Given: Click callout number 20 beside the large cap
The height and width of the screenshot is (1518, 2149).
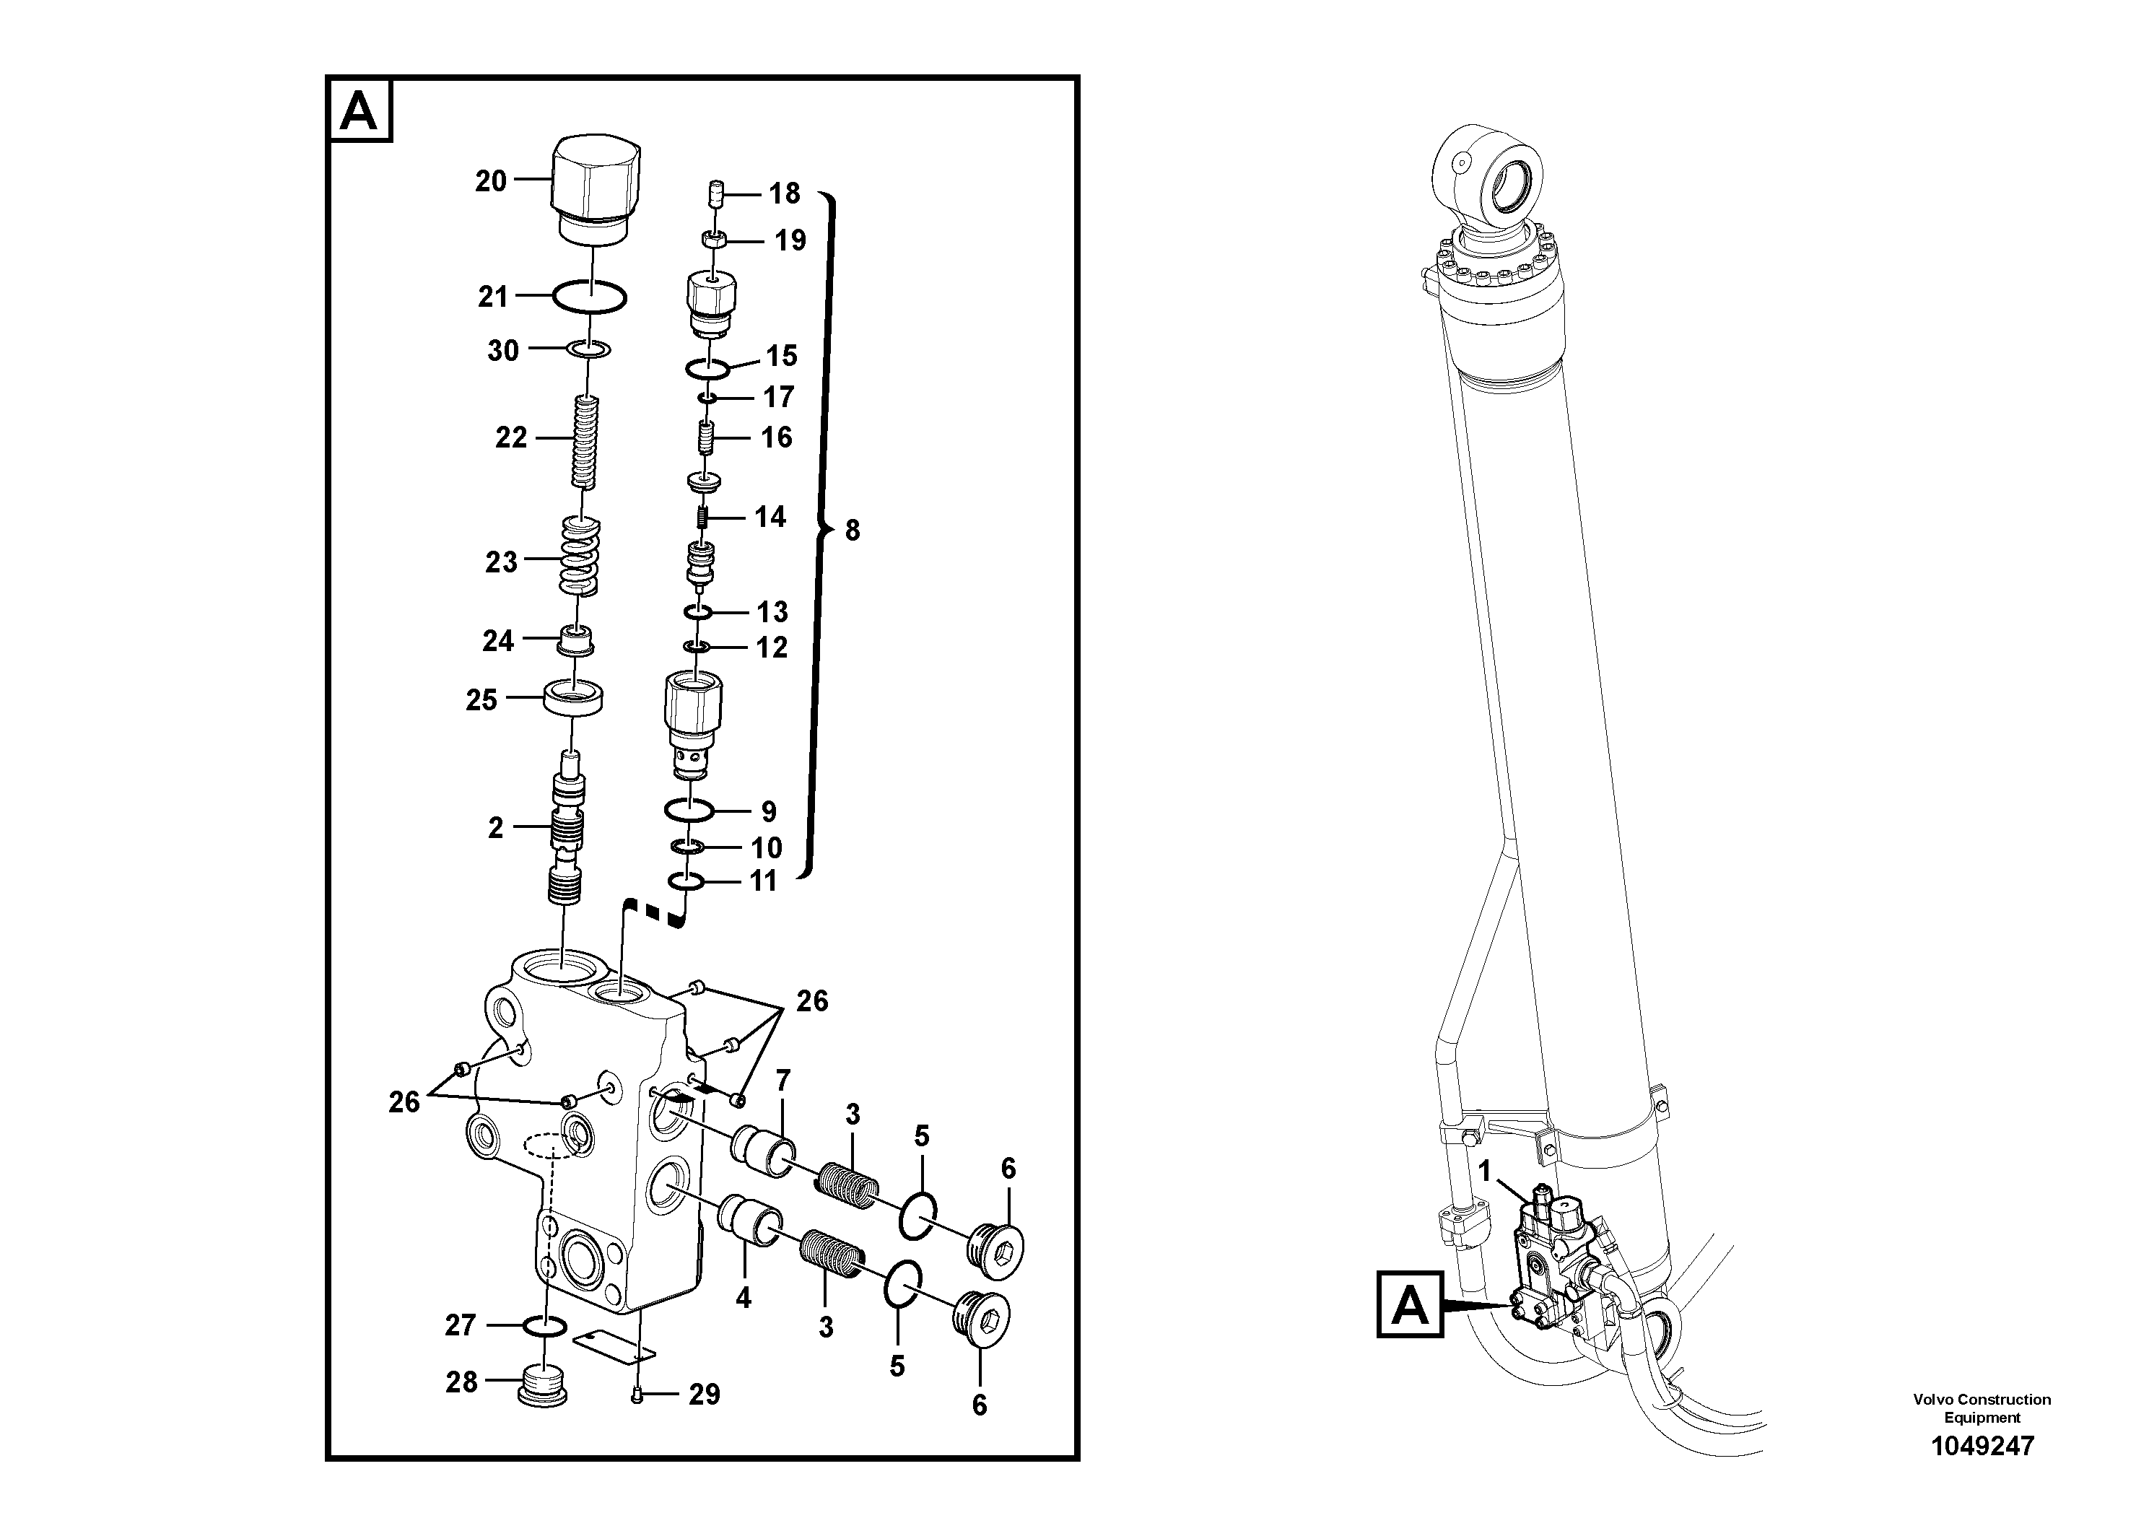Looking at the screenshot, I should (x=490, y=180).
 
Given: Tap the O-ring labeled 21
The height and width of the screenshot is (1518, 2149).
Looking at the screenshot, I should (x=589, y=297).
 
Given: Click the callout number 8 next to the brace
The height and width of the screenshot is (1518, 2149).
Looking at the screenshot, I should (x=852, y=531).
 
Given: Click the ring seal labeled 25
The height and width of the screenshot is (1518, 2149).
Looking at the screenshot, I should (x=574, y=698).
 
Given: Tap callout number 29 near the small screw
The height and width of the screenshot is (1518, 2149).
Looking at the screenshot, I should (x=704, y=1395).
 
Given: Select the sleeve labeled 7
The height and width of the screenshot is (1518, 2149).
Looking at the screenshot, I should (x=763, y=1150).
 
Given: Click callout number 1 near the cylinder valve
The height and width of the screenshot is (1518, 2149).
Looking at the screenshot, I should (x=1483, y=1171).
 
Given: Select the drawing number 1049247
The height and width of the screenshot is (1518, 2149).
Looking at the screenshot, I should (x=1982, y=1446).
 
